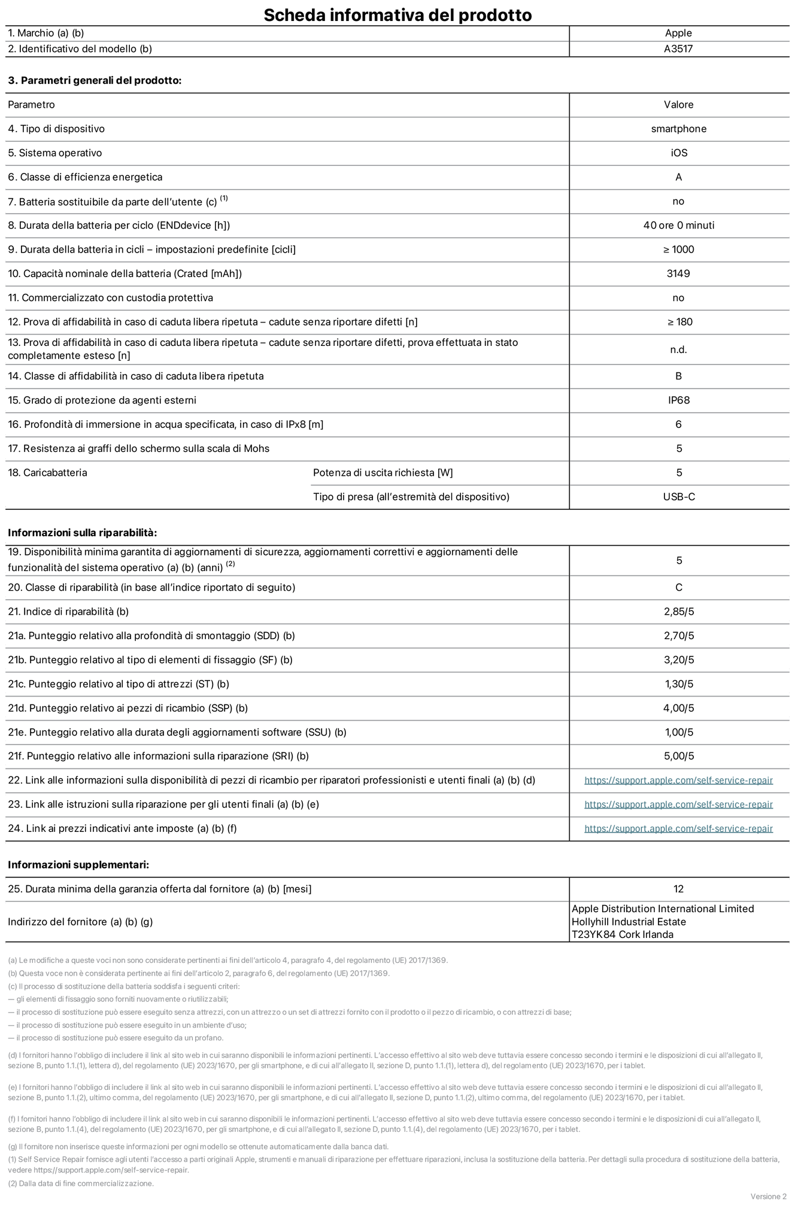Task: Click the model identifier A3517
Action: pos(678,49)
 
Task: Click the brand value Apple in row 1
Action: pos(678,33)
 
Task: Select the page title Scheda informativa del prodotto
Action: pos(397,14)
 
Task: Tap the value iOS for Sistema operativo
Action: pos(679,153)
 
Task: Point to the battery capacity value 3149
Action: pos(678,274)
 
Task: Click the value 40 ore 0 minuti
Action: pos(678,225)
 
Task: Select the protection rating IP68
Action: pos(679,400)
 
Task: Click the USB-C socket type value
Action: pos(679,497)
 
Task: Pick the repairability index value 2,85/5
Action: pos(679,612)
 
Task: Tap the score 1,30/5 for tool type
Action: pos(679,684)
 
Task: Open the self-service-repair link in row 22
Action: pos(678,780)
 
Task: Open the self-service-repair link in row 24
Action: pos(678,828)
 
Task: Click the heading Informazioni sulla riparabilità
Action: pos(82,533)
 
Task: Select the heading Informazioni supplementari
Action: pos(78,865)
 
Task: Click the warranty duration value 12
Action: pos(678,889)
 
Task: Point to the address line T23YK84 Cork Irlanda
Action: pos(622,935)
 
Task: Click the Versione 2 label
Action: pos(768,1196)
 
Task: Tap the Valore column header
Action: pos(678,105)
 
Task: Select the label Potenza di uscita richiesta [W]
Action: pos(383,473)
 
